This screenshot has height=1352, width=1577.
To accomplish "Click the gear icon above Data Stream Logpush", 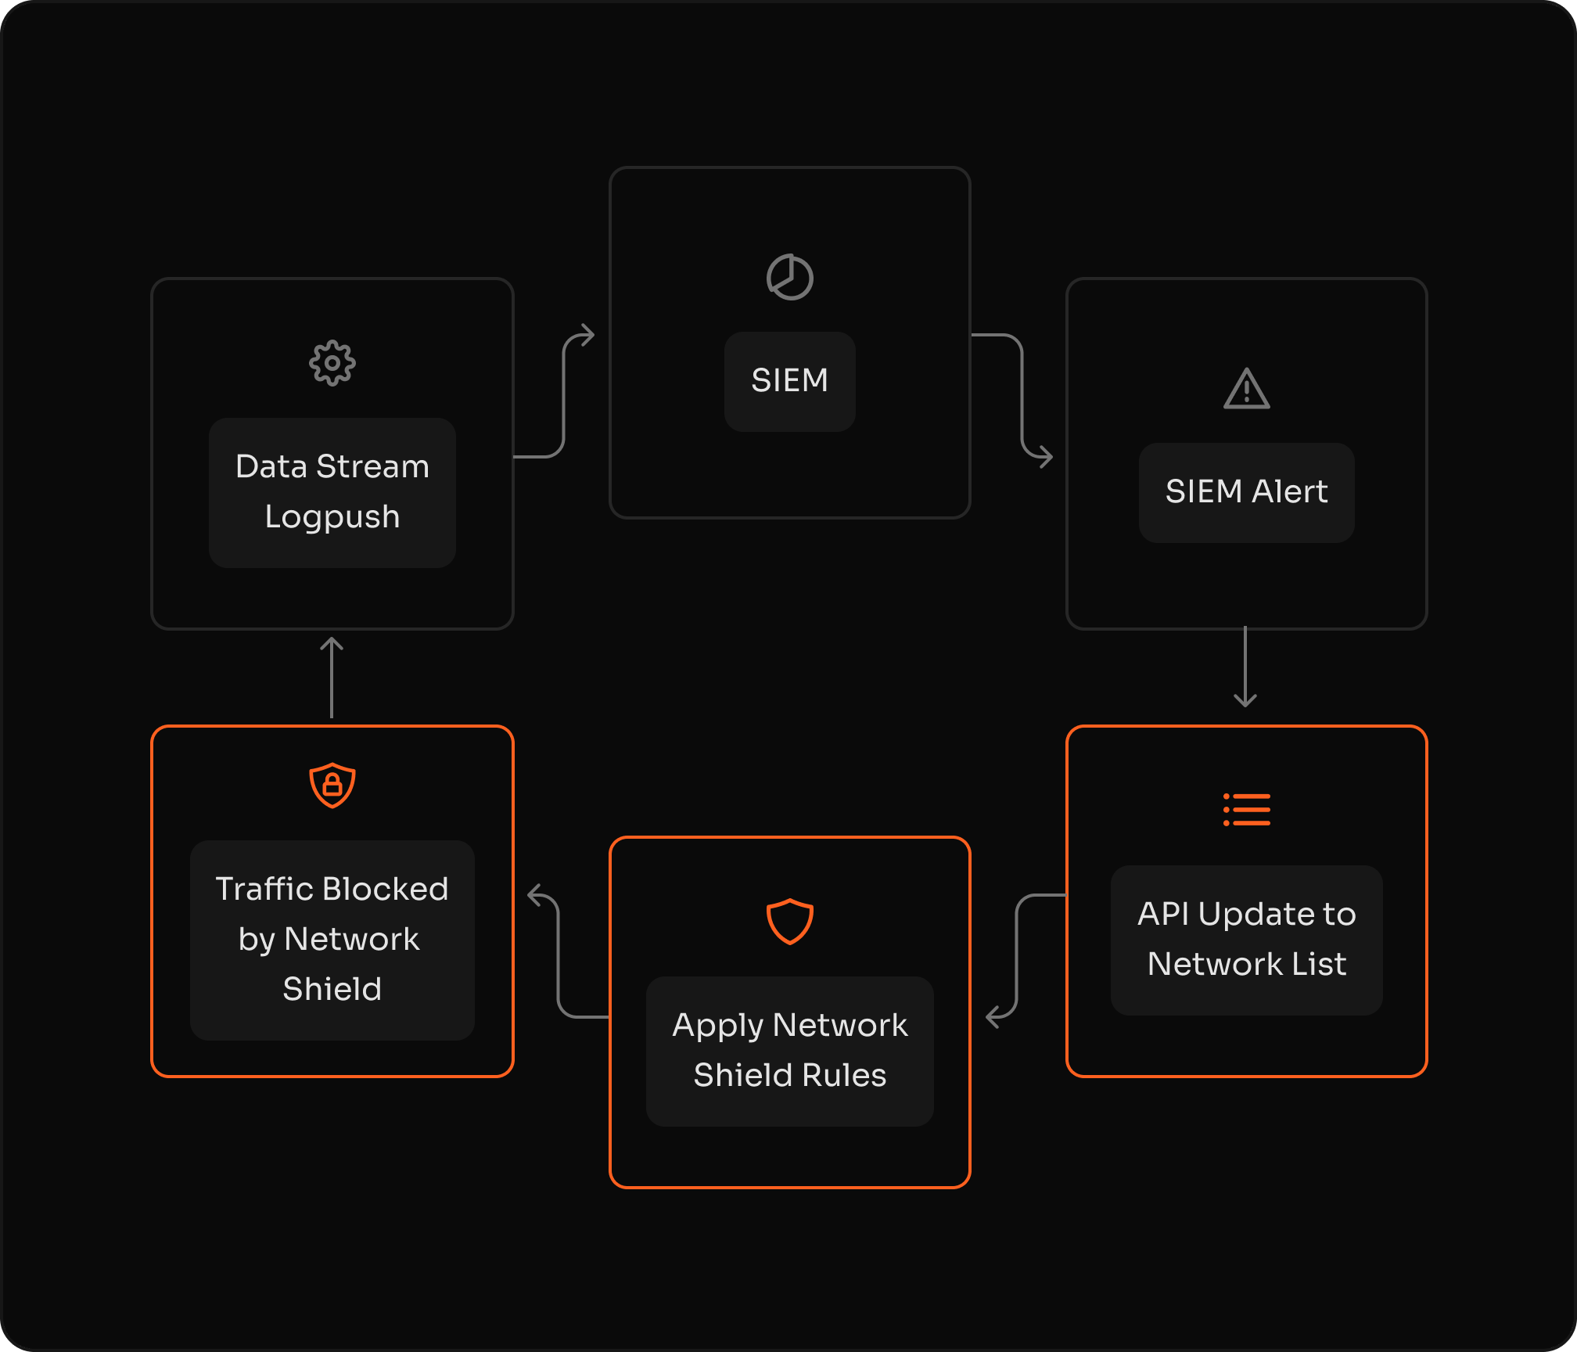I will click(x=332, y=363).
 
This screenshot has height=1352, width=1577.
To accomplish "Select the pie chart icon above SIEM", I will click(x=789, y=277).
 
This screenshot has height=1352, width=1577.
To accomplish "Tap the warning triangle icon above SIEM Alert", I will click(x=1246, y=389).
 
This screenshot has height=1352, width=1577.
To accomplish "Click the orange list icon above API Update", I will click(x=1246, y=810).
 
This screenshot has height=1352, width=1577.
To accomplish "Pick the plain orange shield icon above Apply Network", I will click(x=789, y=921).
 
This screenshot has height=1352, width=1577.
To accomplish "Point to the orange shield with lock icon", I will click(x=332, y=785).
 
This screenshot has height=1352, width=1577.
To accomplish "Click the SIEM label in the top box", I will click(x=789, y=381).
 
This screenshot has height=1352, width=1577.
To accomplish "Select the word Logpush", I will click(x=332, y=517).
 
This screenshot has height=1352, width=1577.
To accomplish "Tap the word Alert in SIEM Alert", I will click(x=1289, y=491).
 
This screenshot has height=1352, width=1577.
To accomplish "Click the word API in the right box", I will click(x=1163, y=914).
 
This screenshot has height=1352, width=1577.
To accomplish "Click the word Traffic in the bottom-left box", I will click(x=264, y=889).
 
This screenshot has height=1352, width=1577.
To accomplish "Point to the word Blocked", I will click(x=385, y=889).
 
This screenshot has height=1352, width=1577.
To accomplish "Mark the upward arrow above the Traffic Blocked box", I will click(x=332, y=677).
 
